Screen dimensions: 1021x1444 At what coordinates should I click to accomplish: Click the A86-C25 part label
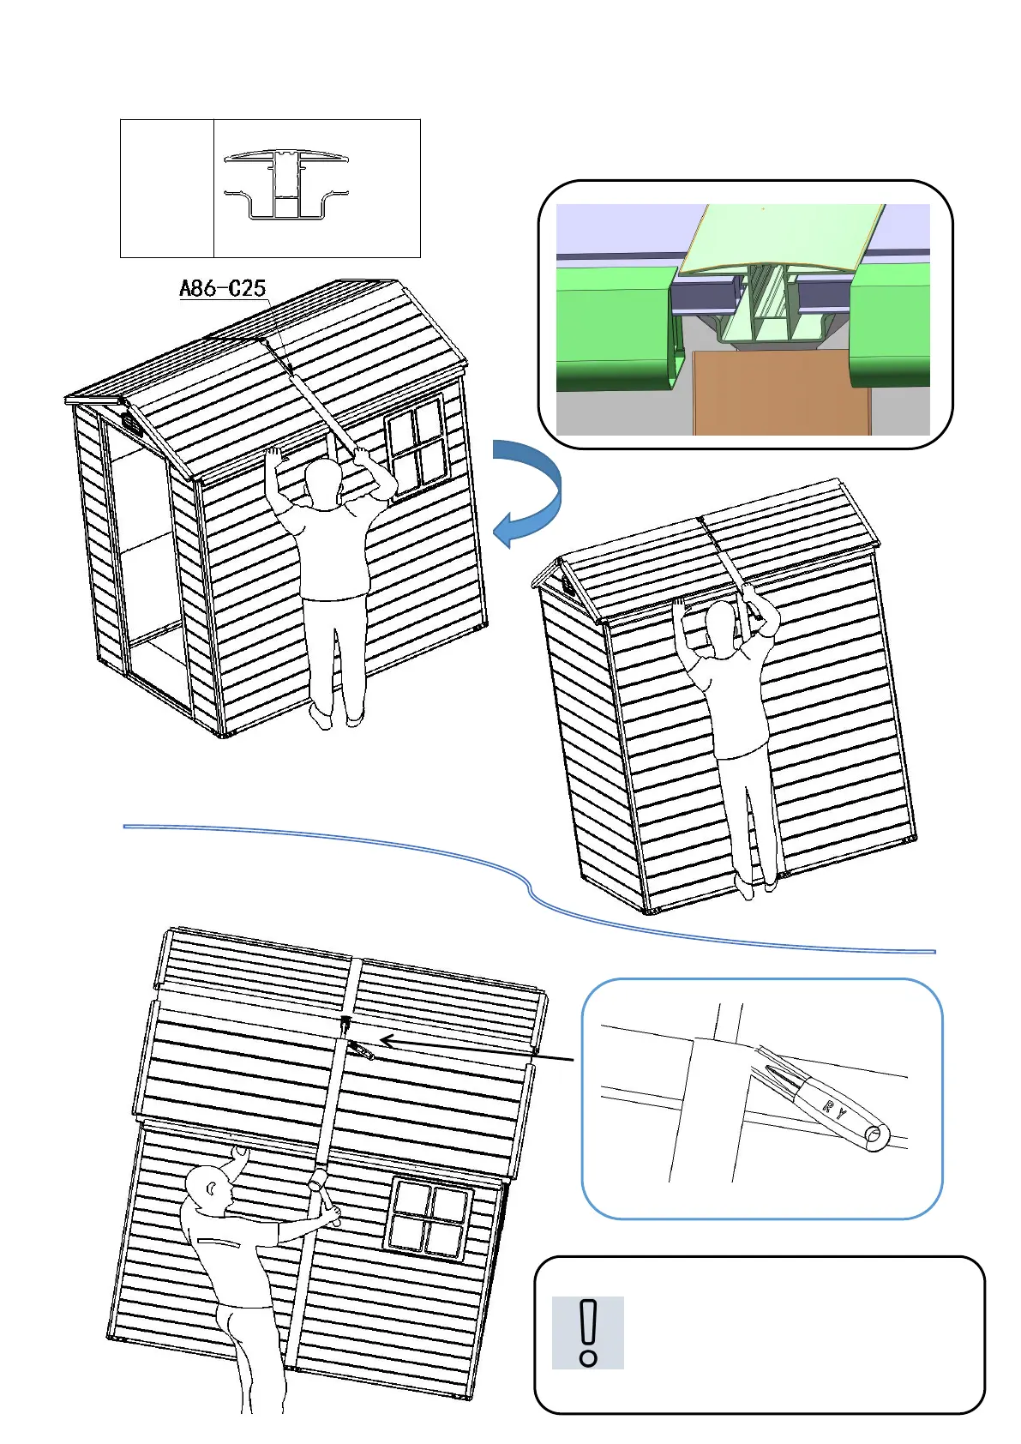click(222, 289)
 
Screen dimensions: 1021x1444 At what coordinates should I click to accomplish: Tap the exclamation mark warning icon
click(588, 1332)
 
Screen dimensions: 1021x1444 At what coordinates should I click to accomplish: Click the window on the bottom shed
click(429, 1217)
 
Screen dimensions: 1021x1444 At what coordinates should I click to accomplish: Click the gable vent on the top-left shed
click(131, 423)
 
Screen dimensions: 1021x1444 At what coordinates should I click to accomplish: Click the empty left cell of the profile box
click(167, 189)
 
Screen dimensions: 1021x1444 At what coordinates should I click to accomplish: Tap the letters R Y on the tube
click(834, 1110)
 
